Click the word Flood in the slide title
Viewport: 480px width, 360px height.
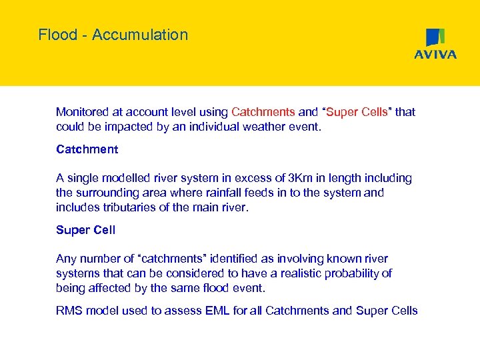click(x=57, y=35)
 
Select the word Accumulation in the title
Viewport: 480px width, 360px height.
click(x=140, y=35)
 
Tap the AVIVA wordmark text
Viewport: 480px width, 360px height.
click(x=435, y=55)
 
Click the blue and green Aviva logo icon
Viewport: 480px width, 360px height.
click(x=435, y=37)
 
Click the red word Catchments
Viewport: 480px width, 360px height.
click(x=263, y=112)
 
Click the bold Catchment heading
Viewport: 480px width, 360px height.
click(x=87, y=149)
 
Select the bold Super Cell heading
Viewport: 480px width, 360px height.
click(x=85, y=230)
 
